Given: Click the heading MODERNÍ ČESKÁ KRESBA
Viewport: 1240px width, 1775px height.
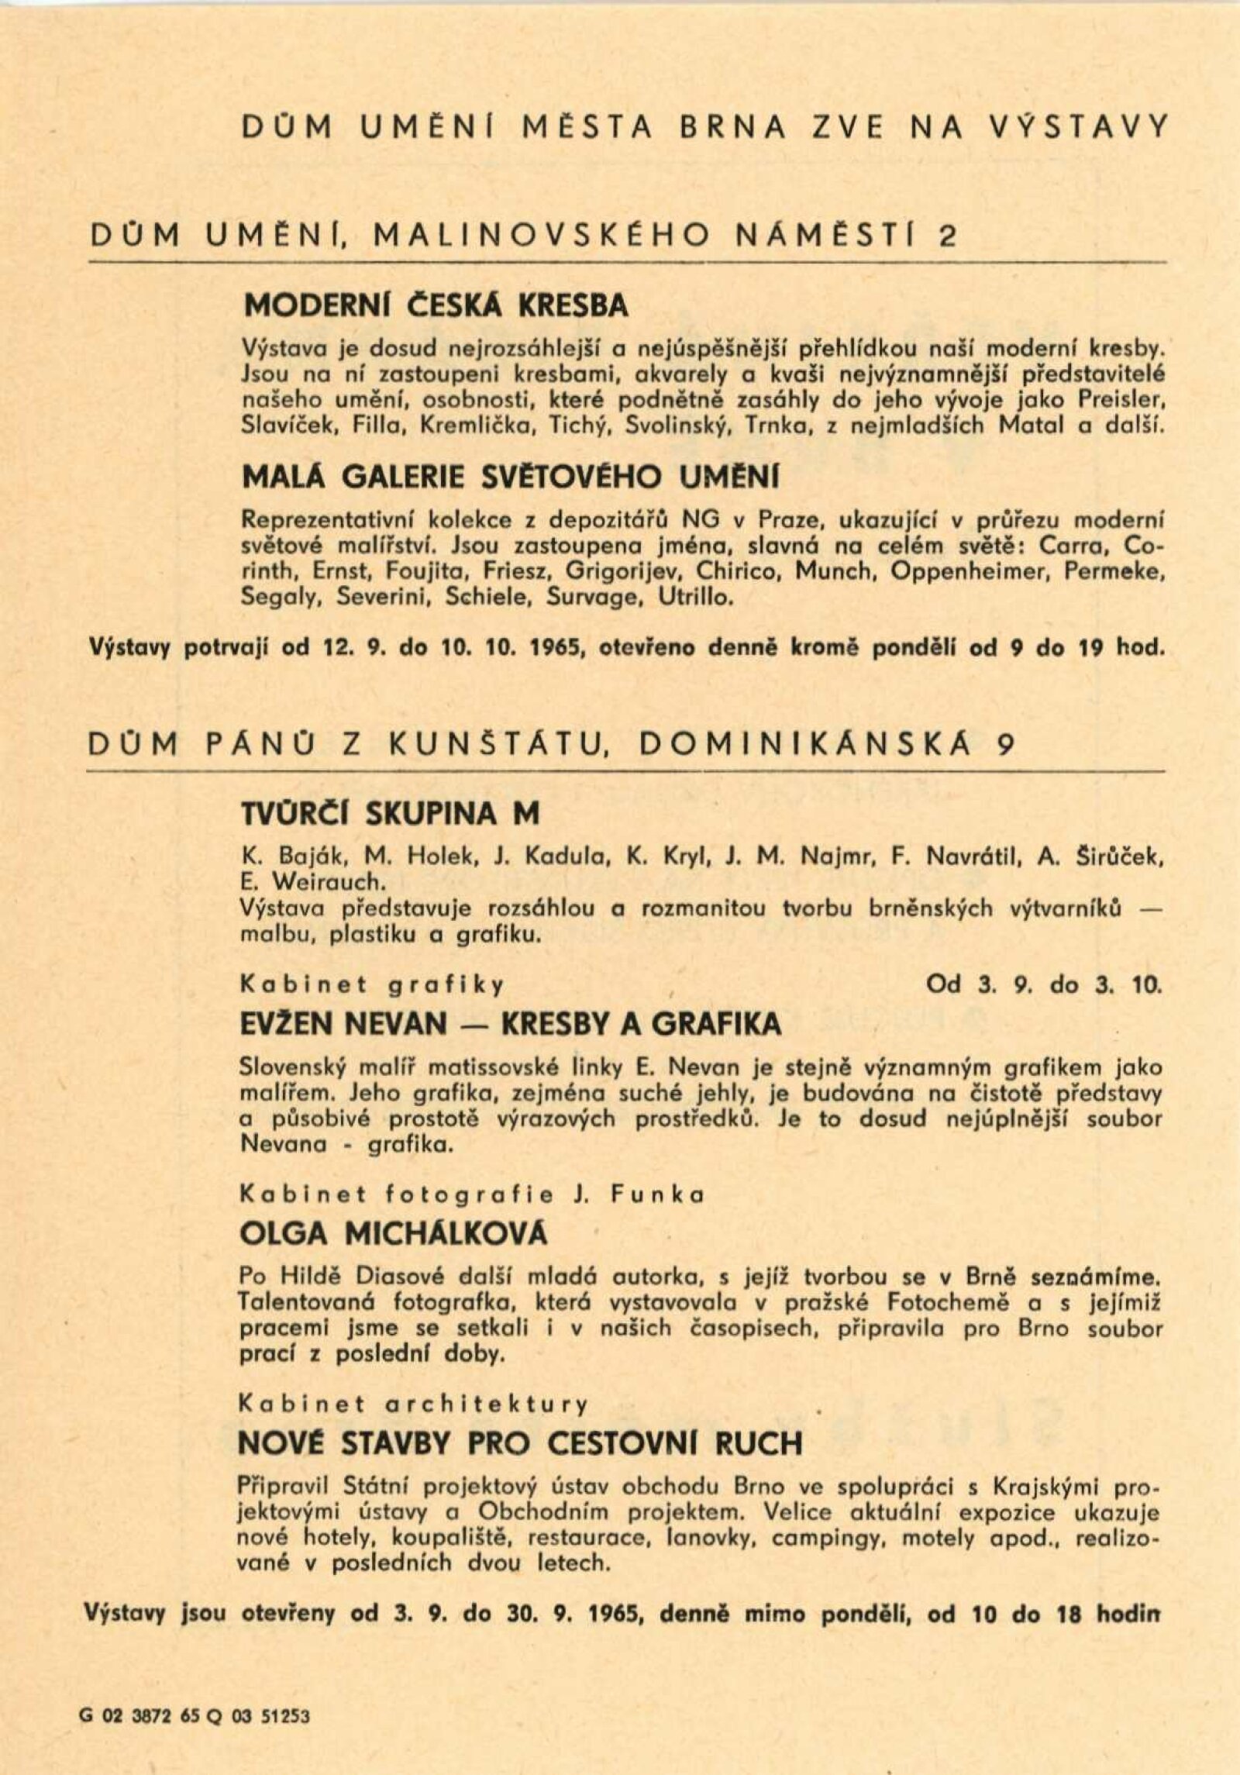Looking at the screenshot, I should (x=436, y=306).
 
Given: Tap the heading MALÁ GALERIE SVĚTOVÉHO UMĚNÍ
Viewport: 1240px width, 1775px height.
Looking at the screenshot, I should (x=511, y=477).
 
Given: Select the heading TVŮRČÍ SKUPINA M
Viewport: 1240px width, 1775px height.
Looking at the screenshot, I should (x=390, y=813).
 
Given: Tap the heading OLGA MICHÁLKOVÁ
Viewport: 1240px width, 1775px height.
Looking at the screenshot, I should (x=394, y=1233).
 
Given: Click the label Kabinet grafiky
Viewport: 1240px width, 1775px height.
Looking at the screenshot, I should (x=373, y=985).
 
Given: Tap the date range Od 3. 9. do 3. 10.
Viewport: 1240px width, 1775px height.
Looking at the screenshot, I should (x=1044, y=984).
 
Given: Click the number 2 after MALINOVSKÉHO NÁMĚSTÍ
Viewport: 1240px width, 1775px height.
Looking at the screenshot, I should (x=947, y=236).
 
